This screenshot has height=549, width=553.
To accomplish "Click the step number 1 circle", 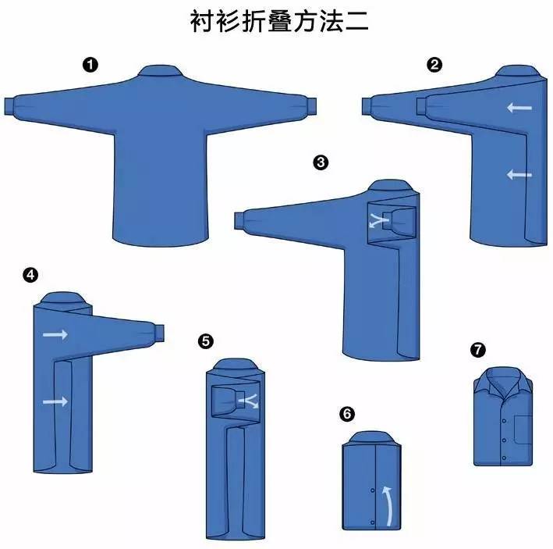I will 90,65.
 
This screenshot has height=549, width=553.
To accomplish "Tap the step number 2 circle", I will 434,65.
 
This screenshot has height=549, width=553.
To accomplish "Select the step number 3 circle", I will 319,162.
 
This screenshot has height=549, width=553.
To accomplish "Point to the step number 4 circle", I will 30,274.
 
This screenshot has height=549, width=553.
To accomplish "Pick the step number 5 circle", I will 205,340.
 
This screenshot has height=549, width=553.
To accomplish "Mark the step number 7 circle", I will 478,349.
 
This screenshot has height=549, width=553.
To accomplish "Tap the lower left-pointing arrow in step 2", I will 519,175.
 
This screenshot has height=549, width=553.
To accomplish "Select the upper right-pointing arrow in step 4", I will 55,334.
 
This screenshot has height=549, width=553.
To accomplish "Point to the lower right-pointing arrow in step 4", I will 55,401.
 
